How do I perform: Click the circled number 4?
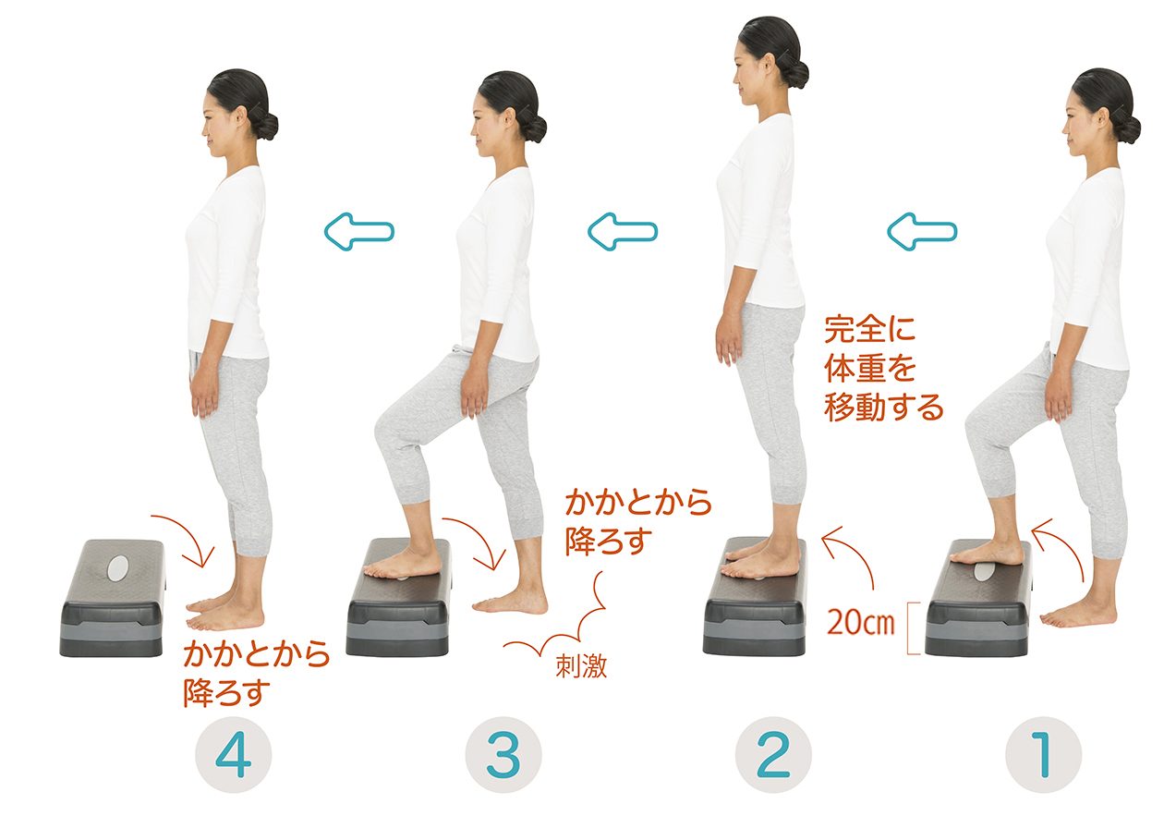234,755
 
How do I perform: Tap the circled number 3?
503,755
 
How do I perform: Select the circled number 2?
773,755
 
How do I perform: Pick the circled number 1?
1044,755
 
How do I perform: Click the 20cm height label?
861,622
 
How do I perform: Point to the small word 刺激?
581,665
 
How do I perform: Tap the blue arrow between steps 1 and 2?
922,232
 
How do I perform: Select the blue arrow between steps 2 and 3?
623,232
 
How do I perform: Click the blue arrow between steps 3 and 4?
359,232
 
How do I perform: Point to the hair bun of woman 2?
795,74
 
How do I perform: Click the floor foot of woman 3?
510,603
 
